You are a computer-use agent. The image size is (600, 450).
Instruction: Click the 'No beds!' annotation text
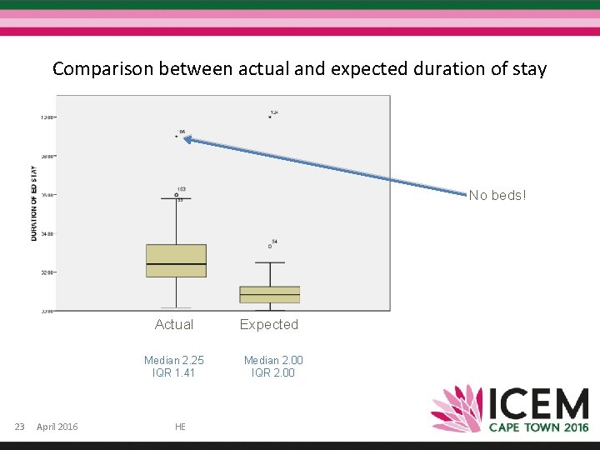pyautogui.click(x=497, y=195)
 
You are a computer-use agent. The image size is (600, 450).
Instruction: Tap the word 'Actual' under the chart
pyautogui.click(x=173, y=324)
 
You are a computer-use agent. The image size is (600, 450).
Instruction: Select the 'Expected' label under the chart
pyautogui.click(x=268, y=324)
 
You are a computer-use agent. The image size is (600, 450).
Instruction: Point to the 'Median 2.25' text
pyautogui.click(x=173, y=360)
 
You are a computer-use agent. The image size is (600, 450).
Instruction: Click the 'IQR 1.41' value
pyautogui.click(x=173, y=372)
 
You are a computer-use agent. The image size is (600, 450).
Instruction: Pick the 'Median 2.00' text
pyautogui.click(x=273, y=360)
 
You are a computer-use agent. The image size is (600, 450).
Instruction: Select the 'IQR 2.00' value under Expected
pyautogui.click(x=273, y=372)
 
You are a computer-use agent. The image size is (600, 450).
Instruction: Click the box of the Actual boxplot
pyautogui.click(x=176, y=260)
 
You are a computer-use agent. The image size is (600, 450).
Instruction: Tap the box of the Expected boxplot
pyautogui.click(x=269, y=294)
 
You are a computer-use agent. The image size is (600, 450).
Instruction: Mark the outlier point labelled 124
pyautogui.click(x=270, y=117)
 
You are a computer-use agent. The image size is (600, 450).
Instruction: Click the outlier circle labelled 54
pyautogui.click(x=269, y=247)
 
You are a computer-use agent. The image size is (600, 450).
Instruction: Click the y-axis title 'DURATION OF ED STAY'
pyautogui.click(x=34, y=202)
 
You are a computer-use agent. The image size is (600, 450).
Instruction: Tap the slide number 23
pyautogui.click(x=20, y=427)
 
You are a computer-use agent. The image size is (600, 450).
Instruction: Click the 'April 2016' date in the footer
pyautogui.click(x=57, y=427)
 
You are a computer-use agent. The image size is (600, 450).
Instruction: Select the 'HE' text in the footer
pyautogui.click(x=180, y=427)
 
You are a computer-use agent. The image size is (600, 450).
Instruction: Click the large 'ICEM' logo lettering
pyautogui.click(x=538, y=404)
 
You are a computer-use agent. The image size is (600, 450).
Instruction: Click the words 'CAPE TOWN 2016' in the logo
pyautogui.click(x=538, y=427)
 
